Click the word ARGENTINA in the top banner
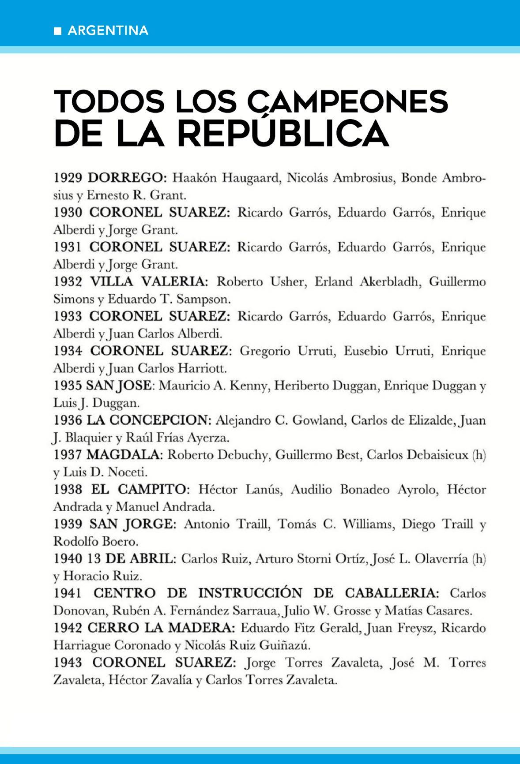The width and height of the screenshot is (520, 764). pyautogui.click(x=108, y=30)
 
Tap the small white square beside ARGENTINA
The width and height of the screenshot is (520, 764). pyautogui.click(x=57, y=31)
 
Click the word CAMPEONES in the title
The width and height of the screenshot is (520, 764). pyautogui.click(x=347, y=102)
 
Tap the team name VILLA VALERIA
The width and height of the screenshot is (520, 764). pyautogui.click(x=148, y=281)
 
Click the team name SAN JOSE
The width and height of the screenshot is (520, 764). pyautogui.click(x=119, y=386)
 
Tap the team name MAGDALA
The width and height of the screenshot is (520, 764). pyautogui.click(x=124, y=454)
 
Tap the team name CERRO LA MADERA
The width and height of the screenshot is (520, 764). pyautogui.click(x=161, y=628)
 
